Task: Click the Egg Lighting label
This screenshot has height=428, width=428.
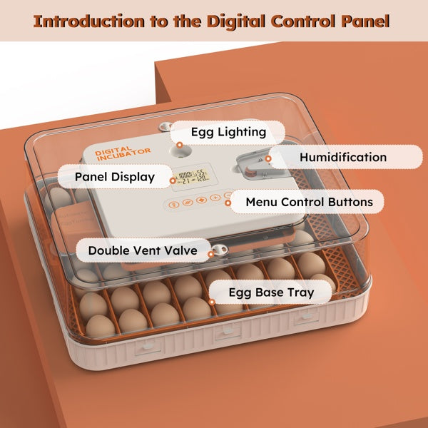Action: click(228, 132)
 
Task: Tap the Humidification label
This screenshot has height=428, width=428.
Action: click(343, 157)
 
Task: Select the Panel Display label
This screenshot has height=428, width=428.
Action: click(116, 176)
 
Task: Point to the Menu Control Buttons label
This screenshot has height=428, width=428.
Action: click(309, 202)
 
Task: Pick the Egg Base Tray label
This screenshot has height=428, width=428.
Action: click(271, 292)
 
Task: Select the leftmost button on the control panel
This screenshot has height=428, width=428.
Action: click(172, 203)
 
